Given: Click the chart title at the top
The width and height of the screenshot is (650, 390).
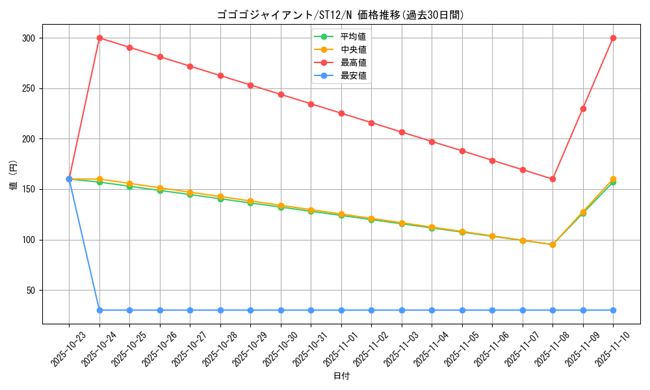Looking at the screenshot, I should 340,15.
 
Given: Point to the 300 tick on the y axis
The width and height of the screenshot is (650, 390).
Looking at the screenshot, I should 28,38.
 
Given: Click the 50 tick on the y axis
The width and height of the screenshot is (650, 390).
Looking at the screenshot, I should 30,291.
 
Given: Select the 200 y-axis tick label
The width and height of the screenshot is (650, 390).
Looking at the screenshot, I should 28,139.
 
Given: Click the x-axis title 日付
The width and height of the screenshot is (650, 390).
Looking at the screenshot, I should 341,376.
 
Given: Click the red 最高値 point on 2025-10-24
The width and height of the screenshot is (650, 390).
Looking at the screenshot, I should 99,38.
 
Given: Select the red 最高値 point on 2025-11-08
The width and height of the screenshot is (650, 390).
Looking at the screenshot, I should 552,179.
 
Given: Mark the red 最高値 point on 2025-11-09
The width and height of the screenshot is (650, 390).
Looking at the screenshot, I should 583,109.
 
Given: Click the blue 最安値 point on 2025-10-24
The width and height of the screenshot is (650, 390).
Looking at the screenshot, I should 99,310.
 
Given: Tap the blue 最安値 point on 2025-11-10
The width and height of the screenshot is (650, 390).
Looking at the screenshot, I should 613,310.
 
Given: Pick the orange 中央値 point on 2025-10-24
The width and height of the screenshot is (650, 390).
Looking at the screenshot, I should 99,179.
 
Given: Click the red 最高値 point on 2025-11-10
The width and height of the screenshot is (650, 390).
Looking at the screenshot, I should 613,38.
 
